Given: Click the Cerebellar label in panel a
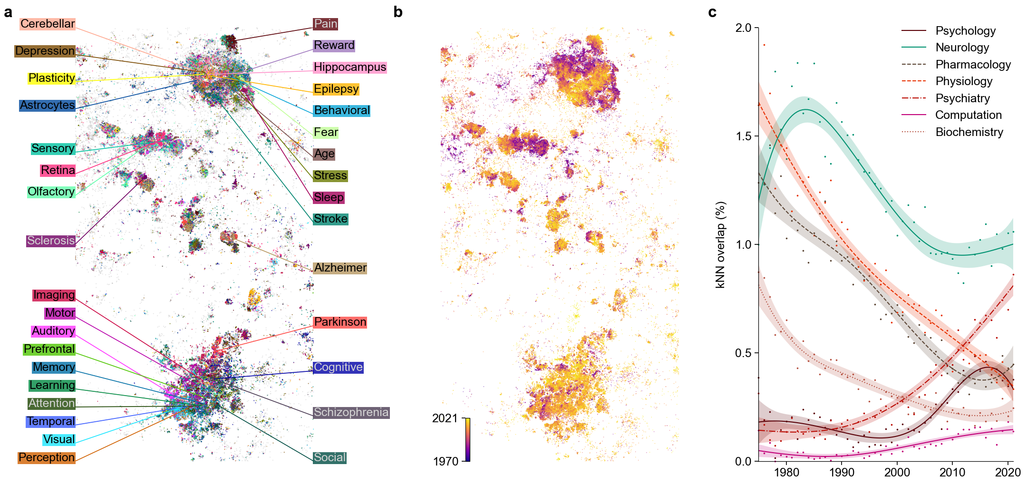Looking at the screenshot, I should [48, 24].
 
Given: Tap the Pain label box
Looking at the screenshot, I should [326, 24].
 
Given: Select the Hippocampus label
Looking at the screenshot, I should [350, 67].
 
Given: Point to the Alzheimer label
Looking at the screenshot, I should [340, 268].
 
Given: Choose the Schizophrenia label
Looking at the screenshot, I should [351, 412].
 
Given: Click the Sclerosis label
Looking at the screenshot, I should [51, 241].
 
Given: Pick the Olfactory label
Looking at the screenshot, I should [51, 192].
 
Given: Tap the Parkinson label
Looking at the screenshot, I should [340, 322].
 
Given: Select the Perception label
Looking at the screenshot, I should [47, 457].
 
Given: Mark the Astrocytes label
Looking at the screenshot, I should [48, 105].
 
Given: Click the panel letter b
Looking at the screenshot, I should [398, 12].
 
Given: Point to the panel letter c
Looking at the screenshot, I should [712, 12].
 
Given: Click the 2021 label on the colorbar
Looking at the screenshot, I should [445, 418].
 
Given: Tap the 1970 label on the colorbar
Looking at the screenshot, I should [446, 461].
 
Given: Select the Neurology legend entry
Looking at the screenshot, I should [962, 48].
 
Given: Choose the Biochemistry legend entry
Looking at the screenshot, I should [969, 132].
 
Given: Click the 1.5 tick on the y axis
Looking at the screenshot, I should [743, 136].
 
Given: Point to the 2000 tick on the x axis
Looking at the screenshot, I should [897, 472].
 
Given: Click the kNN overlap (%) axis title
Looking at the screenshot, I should [721, 245].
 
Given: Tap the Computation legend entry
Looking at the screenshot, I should [968, 115].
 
